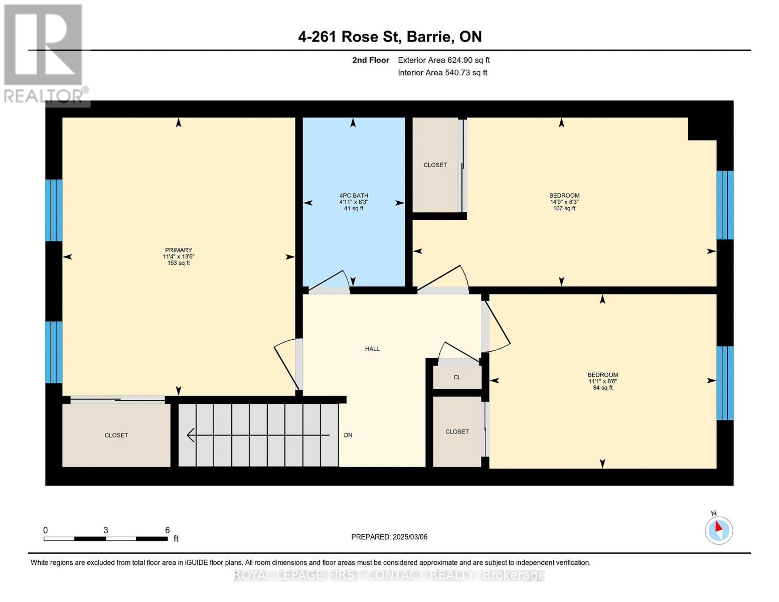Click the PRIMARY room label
pos(179,250)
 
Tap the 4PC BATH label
pos(354,196)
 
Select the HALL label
pos(372,349)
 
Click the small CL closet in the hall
pos(457,377)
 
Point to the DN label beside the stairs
pos(348,435)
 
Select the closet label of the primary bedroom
pos(116,435)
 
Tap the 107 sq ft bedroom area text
pos(564,208)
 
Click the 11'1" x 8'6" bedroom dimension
pos(603,381)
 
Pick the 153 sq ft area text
pos(179,263)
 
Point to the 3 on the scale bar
pos(106,530)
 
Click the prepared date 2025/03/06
pos(389,537)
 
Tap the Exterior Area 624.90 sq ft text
pos(443,60)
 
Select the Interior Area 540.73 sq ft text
pos(442,73)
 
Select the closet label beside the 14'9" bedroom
pos(435,165)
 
